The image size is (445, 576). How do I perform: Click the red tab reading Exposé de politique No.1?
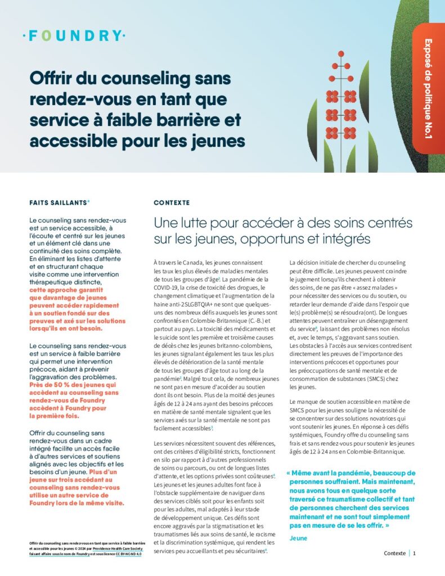[428, 88]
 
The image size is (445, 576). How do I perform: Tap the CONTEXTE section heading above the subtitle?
[172, 202]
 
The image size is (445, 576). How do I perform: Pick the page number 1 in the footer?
[415, 553]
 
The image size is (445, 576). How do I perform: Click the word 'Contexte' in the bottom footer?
[394, 553]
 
